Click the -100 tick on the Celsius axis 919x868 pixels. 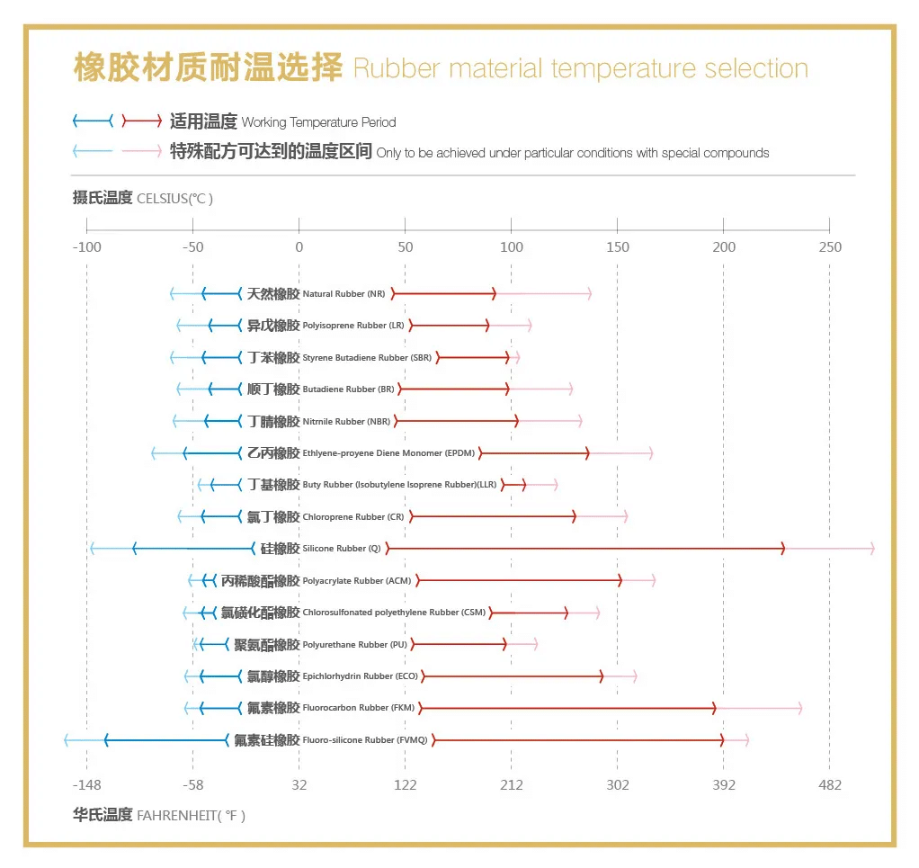coord(86,247)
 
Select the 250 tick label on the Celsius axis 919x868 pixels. coord(829,247)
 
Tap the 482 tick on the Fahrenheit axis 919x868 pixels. coord(829,785)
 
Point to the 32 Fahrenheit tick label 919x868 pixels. coord(299,785)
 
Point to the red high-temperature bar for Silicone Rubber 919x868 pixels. coord(584,549)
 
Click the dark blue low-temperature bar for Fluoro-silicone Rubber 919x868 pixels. coord(166,739)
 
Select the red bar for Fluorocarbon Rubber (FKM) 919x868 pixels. coord(567,708)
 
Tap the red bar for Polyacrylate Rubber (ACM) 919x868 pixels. coord(519,580)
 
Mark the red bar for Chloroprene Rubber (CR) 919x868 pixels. coord(493,516)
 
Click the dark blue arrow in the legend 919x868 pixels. coord(94,121)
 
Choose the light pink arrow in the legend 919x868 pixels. coord(142,151)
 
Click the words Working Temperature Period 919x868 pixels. coord(318,122)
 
